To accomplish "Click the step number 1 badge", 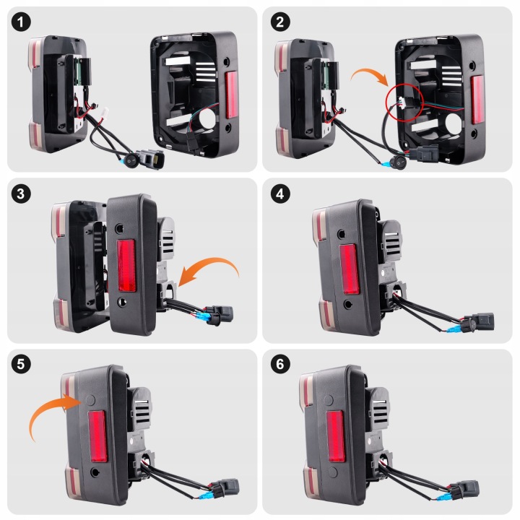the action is [x=21, y=22].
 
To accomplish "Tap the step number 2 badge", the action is [x=280, y=22].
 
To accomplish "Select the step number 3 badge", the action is [x=21, y=194].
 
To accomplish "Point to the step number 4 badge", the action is [x=280, y=194].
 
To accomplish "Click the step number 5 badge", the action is [x=21, y=364].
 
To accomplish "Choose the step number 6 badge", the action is [x=280, y=364].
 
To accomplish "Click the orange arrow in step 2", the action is [x=370, y=73].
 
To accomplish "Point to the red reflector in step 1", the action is [x=232, y=95].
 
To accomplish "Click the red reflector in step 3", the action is [x=126, y=265].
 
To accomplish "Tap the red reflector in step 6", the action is [x=336, y=436].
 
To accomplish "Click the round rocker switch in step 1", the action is [x=131, y=161].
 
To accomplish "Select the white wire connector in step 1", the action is [x=105, y=111].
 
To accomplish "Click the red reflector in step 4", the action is [x=349, y=269].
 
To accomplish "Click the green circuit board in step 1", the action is [x=78, y=71].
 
